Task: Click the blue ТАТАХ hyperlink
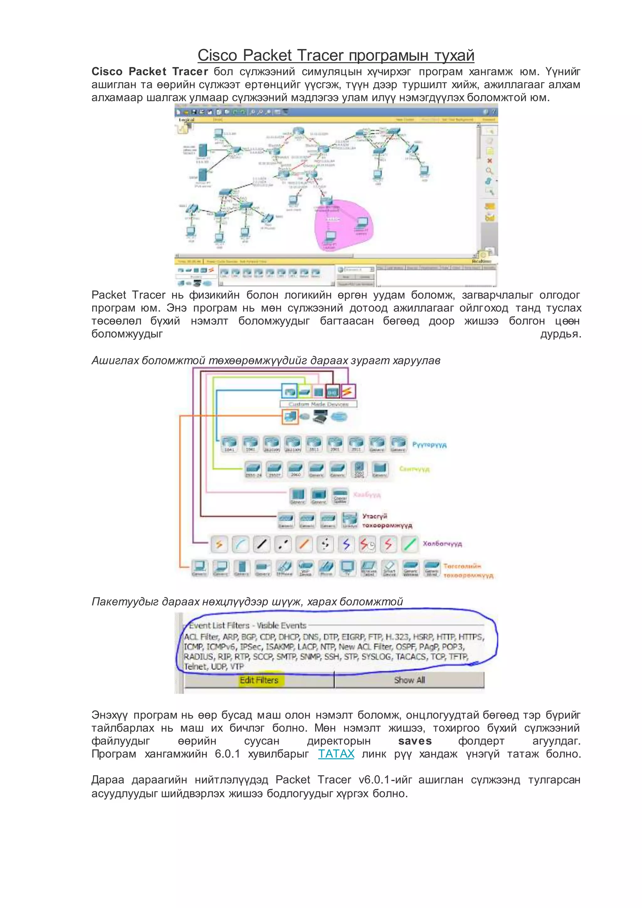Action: [336, 754]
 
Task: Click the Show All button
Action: [409, 680]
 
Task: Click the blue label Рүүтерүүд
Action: [429, 445]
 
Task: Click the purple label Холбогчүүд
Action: [442, 544]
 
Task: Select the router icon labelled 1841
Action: [229, 443]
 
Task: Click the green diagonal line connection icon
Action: [409, 544]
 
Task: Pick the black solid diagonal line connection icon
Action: [261, 544]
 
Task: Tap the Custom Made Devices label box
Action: [318, 404]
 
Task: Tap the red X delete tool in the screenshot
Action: [489, 161]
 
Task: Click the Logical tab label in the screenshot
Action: [187, 119]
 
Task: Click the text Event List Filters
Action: [219, 626]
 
